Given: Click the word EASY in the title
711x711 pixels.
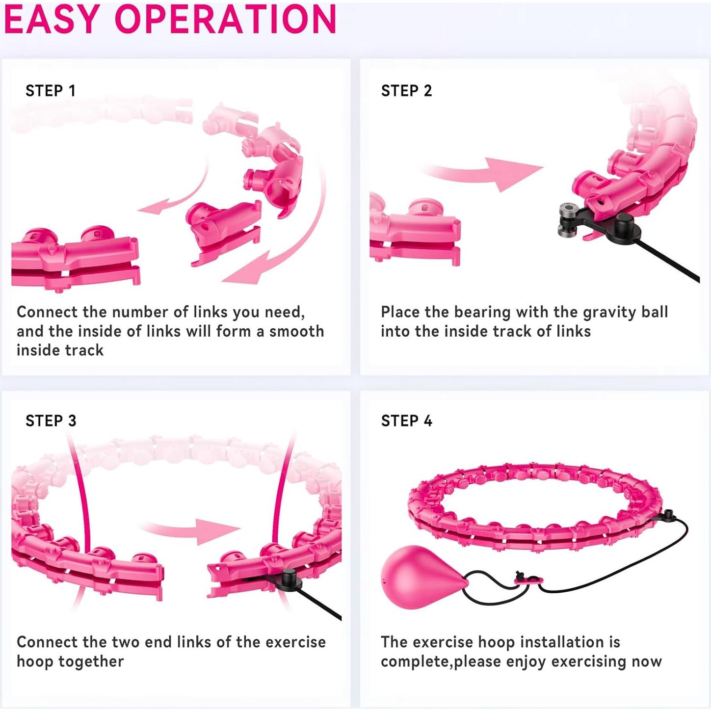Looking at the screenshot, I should click(x=53, y=19).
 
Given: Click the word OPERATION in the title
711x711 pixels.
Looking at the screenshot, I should click(x=225, y=19).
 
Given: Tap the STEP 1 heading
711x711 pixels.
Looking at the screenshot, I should click(x=51, y=91).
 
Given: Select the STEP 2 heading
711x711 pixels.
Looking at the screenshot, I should click(x=406, y=91).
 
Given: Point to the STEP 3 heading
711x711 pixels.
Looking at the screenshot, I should click(x=51, y=421).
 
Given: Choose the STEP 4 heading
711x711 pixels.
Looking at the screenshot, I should click(x=406, y=421).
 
